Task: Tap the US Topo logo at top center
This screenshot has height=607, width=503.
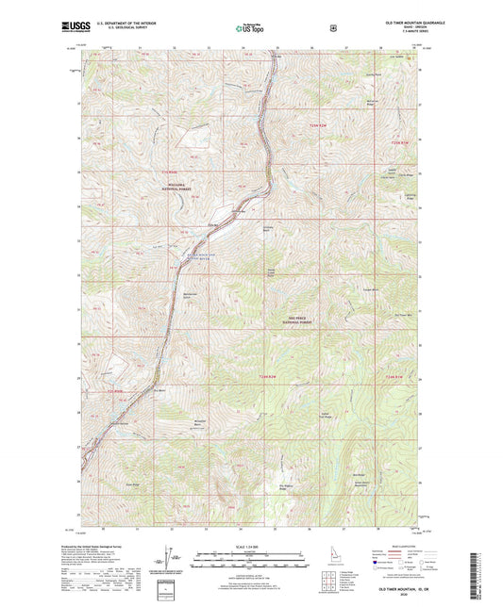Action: pos(250,29)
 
